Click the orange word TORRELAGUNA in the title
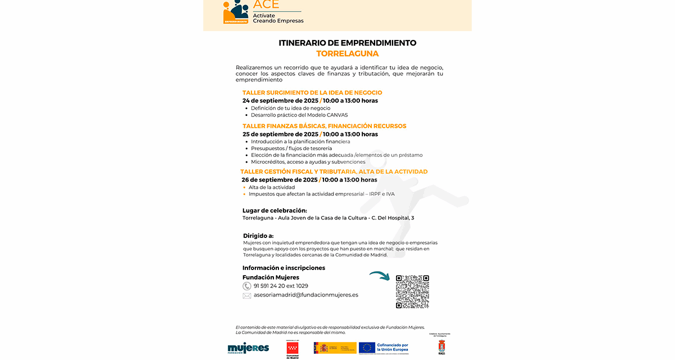(347, 54)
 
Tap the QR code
(412, 291)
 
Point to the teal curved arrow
(380, 276)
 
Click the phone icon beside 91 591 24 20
(247, 286)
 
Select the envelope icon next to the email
(247, 295)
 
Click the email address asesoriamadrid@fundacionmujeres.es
(306, 295)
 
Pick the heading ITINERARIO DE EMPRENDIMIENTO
(347, 43)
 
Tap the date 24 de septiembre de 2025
(280, 101)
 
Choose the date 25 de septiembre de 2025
(280, 134)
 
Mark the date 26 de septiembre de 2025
(280, 180)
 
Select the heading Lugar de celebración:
(274, 210)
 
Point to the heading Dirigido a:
(258, 236)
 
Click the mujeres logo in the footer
(248, 348)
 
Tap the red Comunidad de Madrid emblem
(292, 348)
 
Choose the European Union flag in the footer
(367, 348)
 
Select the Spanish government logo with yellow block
(335, 348)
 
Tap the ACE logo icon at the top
(236, 11)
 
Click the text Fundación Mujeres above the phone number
(271, 277)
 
